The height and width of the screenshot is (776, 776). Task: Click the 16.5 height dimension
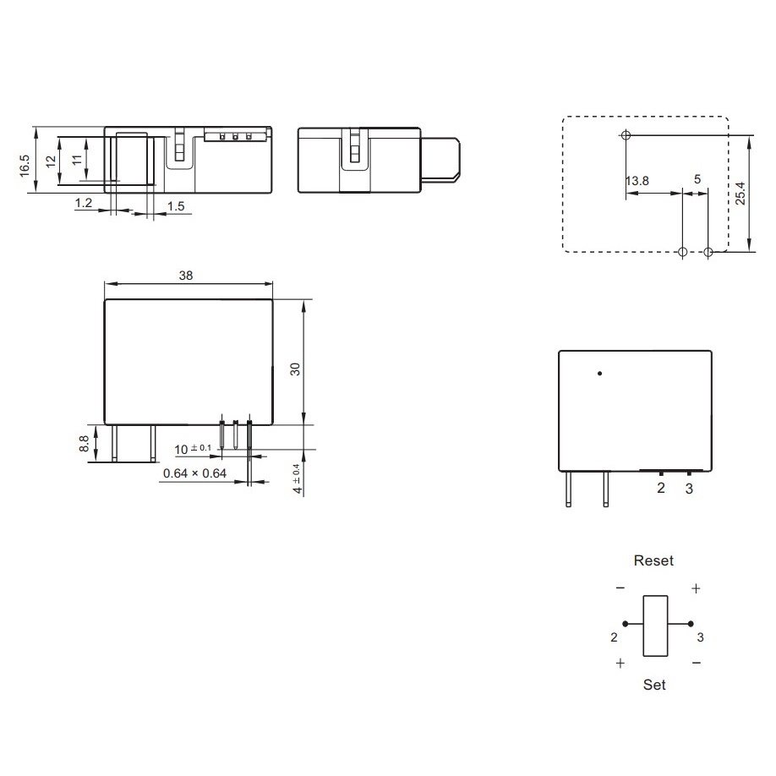tap(25, 166)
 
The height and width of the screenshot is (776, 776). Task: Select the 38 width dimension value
tap(186, 276)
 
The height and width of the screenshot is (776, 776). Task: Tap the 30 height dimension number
tap(295, 369)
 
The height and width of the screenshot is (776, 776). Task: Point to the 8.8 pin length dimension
tap(84, 444)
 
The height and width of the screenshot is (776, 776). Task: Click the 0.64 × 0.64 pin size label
tap(194, 473)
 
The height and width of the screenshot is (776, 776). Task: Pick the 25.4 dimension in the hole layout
tap(740, 193)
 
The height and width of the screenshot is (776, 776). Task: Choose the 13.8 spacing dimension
tap(637, 181)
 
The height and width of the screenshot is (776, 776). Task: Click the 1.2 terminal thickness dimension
tap(84, 203)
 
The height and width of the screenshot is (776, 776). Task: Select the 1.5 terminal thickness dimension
tap(176, 206)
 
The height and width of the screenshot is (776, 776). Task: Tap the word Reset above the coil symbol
tap(653, 560)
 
